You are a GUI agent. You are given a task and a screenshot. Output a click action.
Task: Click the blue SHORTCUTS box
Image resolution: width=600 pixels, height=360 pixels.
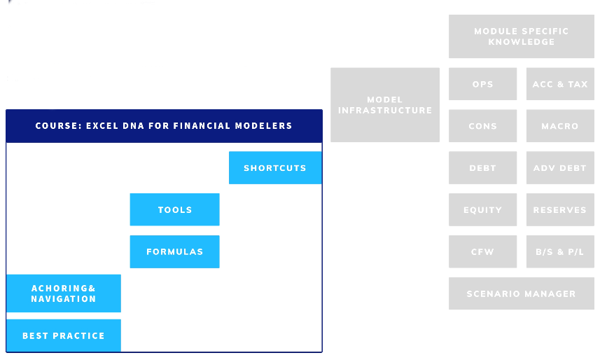[275, 168]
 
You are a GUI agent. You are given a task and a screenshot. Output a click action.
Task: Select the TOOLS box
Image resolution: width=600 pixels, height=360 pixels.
[174, 209]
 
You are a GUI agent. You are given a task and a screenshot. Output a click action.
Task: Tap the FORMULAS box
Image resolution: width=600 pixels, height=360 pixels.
[174, 251]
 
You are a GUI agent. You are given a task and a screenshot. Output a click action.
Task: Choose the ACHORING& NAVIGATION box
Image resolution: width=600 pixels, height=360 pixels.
[64, 293]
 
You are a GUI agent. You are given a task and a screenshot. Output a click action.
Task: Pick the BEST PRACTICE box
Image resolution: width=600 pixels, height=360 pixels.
[64, 335]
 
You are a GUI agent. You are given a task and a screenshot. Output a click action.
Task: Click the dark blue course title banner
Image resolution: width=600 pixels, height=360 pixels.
[164, 126]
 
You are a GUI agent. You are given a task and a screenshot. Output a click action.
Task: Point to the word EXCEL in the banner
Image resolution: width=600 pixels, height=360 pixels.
[102, 126]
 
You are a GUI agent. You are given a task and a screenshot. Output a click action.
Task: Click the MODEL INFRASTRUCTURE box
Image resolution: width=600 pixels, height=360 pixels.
[385, 105]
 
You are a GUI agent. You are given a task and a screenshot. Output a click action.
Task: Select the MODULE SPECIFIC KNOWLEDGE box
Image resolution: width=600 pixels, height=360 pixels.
[522, 36]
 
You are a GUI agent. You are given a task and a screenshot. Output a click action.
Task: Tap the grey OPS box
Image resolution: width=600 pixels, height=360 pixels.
[483, 84]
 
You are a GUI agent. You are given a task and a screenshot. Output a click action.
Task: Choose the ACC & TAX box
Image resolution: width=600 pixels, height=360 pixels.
[560, 84]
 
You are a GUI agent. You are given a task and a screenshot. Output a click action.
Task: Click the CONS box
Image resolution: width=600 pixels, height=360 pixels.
[483, 126]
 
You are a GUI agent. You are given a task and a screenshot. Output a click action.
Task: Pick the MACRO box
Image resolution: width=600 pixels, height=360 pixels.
[560, 126]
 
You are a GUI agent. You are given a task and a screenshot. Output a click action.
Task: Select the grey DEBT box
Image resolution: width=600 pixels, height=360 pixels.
[483, 168]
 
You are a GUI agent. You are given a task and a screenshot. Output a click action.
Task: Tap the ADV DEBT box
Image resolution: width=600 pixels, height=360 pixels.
[560, 168]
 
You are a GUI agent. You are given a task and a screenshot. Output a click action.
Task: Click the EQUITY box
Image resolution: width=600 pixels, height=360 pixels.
[483, 209]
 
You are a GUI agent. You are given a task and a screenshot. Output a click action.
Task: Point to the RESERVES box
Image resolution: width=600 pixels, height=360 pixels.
[560, 209]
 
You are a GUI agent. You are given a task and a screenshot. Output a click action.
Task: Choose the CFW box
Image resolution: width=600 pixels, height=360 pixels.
[483, 251]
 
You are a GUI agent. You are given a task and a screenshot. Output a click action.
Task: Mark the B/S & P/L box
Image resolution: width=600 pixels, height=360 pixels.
[560, 251]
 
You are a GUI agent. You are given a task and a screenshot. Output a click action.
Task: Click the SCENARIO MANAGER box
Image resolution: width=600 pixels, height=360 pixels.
[522, 293]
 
